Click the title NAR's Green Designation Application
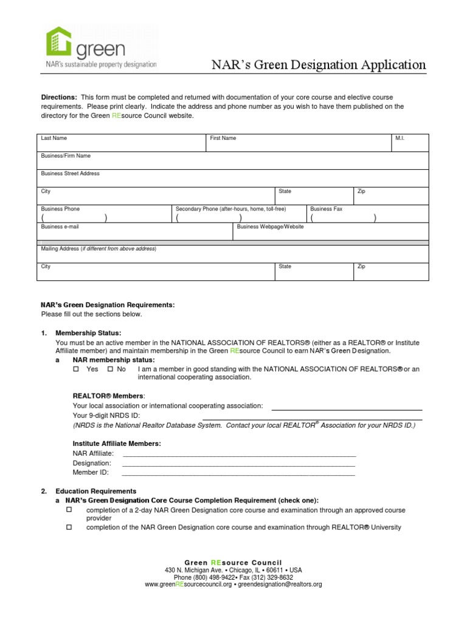pyautogui.click(x=319, y=65)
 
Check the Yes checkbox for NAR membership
pyautogui.click(x=77, y=369)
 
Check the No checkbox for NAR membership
pyautogui.click(x=110, y=369)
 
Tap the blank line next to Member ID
pyautogui.click(x=239, y=472)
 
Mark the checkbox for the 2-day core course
pyautogui.click(x=69, y=509)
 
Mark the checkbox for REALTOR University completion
pyautogui.click(x=69, y=527)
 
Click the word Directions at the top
pyautogui.click(x=58, y=98)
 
